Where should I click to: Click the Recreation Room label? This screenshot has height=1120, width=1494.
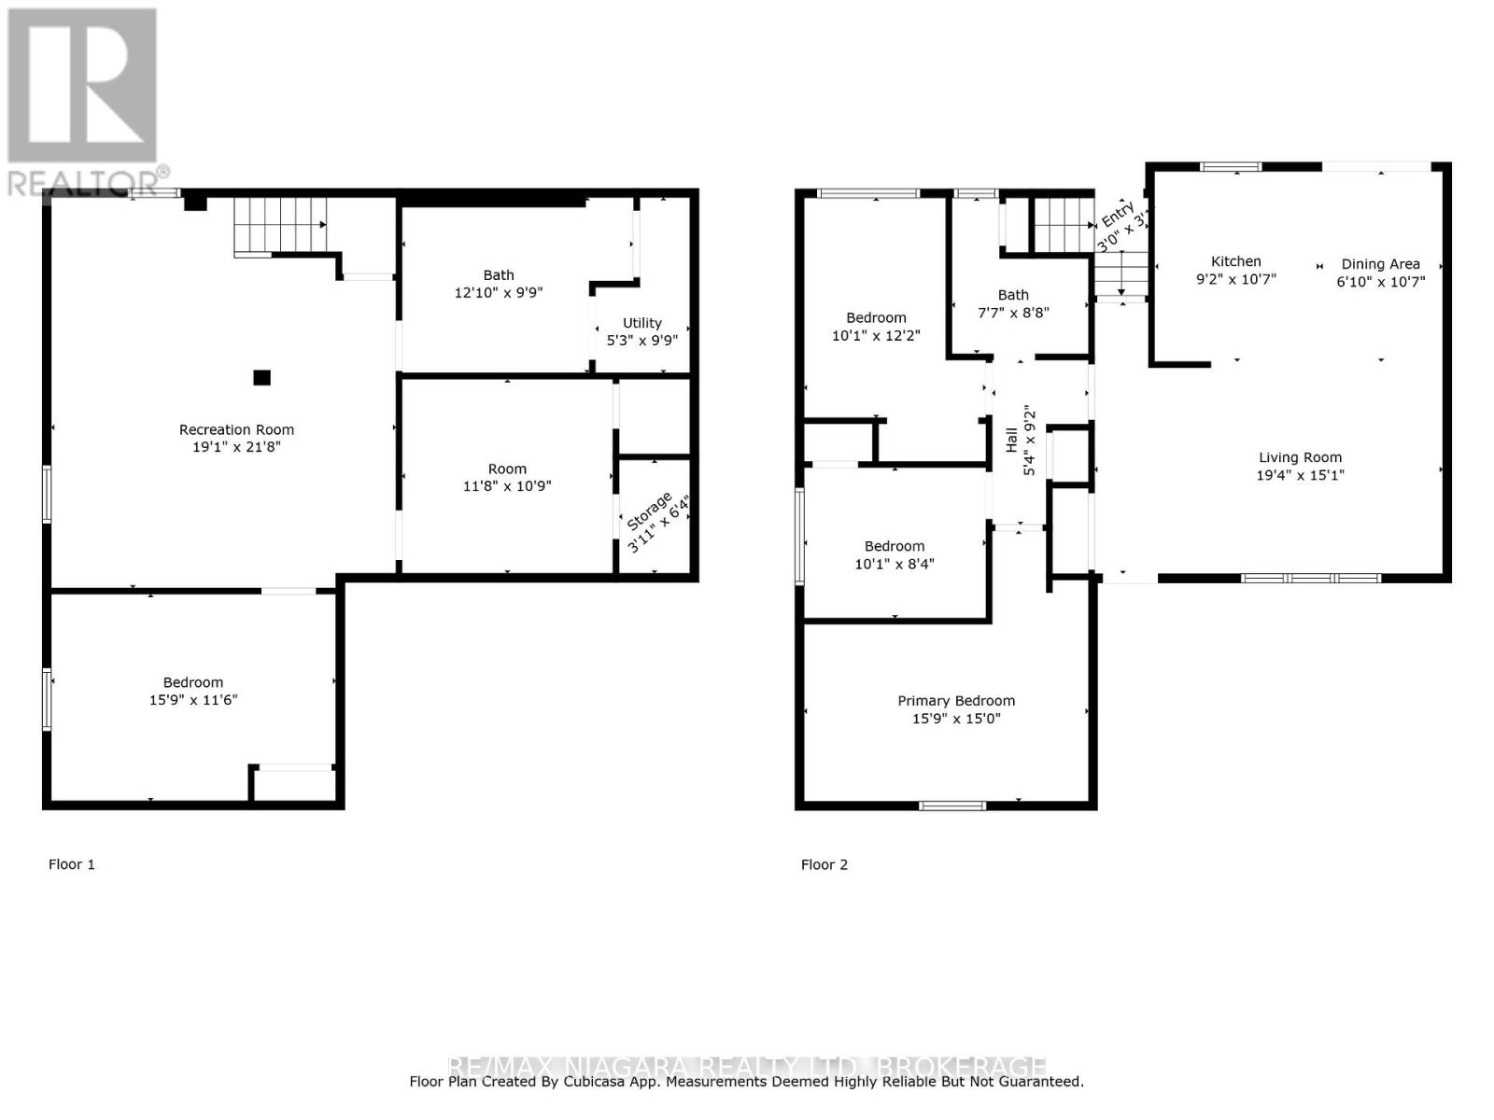pyautogui.click(x=236, y=429)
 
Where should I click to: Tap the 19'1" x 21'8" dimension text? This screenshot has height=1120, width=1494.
pyautogui.click(x=236, y=447)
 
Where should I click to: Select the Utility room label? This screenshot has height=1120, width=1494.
pyautogui.click(x=642, y=323)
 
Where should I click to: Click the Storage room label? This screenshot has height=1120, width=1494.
pyautogui.click(x=648, y=512)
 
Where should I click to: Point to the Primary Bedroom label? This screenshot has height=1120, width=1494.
pyautogui.click(x=956, y=701)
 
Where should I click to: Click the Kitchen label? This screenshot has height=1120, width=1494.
pyautogui.click(x=1235, y=261)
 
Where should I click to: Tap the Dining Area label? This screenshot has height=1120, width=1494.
pyautogui.click(x=1380, y=264)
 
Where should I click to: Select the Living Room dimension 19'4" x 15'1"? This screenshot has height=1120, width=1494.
pyautogui.click(x=1300, y=475)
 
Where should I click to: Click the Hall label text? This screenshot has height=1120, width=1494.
pyautogui.click(x=1011, y=441)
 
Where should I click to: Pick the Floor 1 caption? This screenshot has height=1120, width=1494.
pyautogui.click(x=72, y=864)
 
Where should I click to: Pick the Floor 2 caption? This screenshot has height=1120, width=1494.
pyautogui.click(x=825, y=864)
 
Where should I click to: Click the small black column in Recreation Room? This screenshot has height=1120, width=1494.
pyautogui.click(x=262, y=377)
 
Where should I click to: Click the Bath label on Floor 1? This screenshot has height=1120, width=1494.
pyautogui.click(x=499, y=274)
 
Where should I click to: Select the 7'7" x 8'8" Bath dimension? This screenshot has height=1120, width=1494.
pyautogui.click(x=1013, y=313)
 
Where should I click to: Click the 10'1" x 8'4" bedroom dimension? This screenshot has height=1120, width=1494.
pyautogui.click(x=895, y=564)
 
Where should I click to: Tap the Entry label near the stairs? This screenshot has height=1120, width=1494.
pyautogui.click(x=1117, y=215)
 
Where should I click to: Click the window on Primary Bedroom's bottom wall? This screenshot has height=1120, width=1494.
pyautogui.click(x=951, y=805)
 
